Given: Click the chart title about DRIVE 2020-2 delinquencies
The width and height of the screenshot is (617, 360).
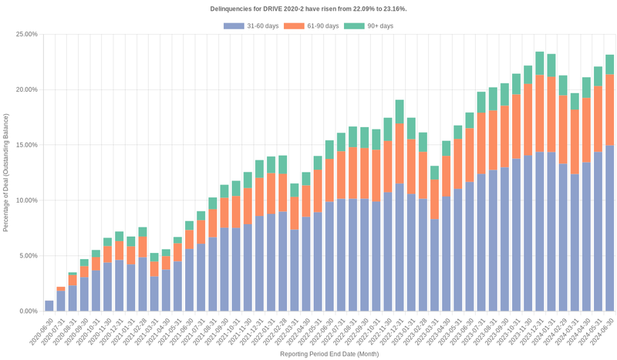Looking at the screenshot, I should point(308,8).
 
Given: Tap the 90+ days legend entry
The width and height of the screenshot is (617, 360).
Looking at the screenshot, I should point(369,26).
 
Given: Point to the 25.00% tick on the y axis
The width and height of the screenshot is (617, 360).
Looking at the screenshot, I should point(26,35).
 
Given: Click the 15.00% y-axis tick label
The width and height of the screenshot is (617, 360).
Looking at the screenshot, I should point(26,145).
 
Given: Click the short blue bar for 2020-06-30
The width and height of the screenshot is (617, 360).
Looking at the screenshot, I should point(49,306).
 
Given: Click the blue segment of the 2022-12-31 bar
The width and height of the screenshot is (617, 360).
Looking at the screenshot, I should point(400,247).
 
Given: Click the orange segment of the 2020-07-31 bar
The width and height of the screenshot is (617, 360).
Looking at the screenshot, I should point(61,289).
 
